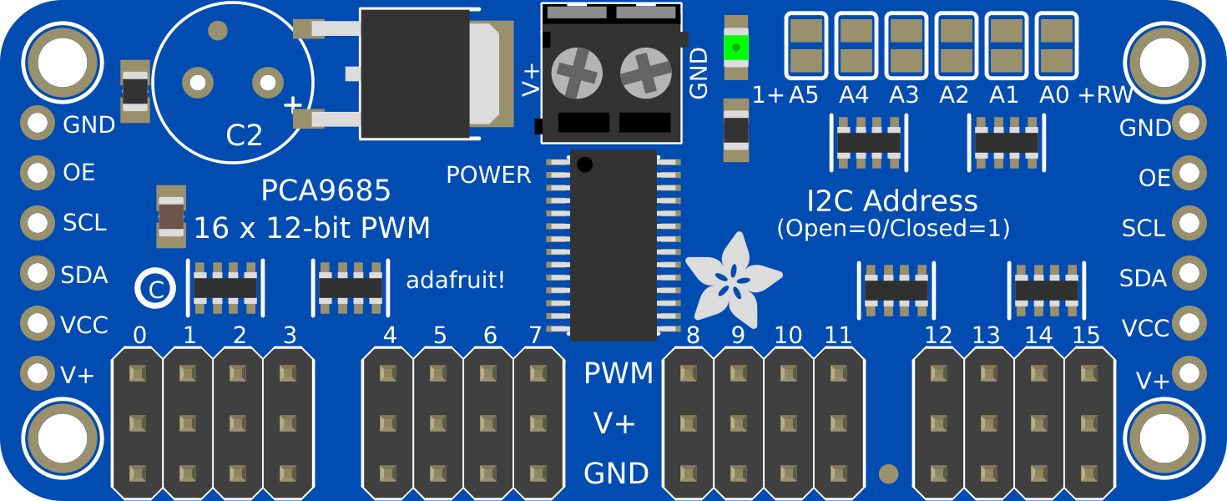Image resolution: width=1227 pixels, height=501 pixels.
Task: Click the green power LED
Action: coord(735,47)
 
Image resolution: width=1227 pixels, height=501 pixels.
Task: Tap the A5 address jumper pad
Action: coord(806,46)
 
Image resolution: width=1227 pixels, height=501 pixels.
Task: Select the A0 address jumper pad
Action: coord(1057,46)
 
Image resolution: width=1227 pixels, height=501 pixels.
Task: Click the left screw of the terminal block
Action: coord(576,72)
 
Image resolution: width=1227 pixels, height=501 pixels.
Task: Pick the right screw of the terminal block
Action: coord(645,72)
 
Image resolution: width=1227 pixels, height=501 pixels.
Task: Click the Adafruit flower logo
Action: coord(733,278)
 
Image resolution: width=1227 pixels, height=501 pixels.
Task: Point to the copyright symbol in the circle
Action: coord(155,288)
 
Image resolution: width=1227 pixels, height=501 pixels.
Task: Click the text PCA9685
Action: coord(326,191)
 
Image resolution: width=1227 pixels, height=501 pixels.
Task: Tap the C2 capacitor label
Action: coord(244,135)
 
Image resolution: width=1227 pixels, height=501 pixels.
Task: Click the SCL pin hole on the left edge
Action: coord(38,223)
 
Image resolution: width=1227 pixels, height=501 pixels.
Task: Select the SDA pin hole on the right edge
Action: coord(1189,273)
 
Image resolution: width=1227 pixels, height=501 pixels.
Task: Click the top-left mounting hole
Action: coord(58,60)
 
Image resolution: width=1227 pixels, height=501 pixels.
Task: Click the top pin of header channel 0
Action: coord(138,373)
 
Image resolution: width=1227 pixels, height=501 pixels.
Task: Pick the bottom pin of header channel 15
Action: coord(1089,473)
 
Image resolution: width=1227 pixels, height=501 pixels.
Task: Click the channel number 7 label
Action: coord(535,336)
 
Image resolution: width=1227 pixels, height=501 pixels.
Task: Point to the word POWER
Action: coord(488,175)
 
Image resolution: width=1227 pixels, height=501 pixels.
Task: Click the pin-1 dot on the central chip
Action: coord(585,164)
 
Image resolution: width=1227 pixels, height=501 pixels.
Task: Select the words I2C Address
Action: coord(891,201)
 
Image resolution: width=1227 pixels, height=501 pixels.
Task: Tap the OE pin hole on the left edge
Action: coord(38,174)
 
